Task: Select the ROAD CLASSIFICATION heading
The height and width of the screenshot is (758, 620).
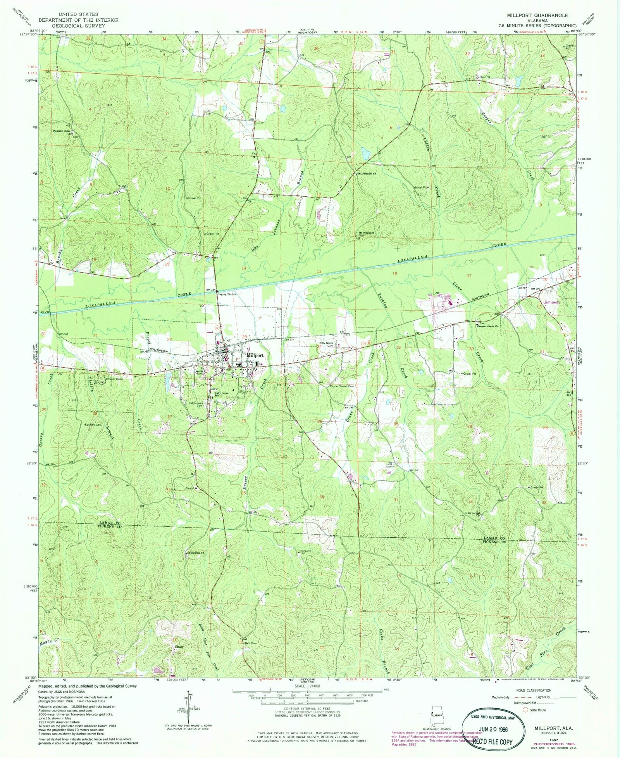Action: (x=533, y=691)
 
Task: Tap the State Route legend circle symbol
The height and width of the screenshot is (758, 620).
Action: (x=525, y=710)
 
